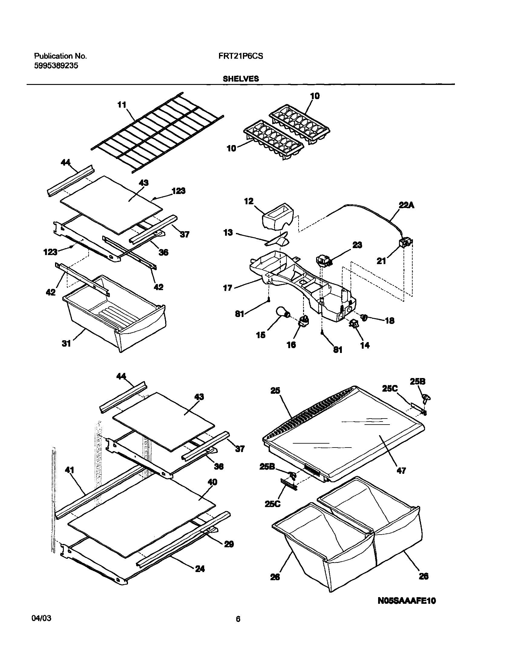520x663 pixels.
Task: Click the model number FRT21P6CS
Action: coord(238,56)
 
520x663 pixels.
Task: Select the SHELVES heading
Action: coord(240,79)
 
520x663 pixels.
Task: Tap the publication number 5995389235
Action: coord(56,66)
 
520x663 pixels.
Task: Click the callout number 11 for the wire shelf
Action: coord(122,105)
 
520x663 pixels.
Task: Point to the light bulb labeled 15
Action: coord(283,312)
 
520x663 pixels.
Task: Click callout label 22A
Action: coord(407,205)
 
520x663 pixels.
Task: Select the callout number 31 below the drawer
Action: coord(66,344)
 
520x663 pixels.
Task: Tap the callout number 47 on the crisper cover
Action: coord(401,471)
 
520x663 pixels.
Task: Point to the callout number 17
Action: coord(228,288)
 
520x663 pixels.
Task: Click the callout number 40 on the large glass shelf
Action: coord(212,482)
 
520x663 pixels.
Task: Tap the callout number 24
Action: coord(200,569)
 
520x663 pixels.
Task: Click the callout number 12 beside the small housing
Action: coord(249,201)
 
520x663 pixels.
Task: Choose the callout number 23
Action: coord(357,245)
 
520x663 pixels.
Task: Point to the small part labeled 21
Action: coord(406,243)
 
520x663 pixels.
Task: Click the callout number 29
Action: coord(229,544)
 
